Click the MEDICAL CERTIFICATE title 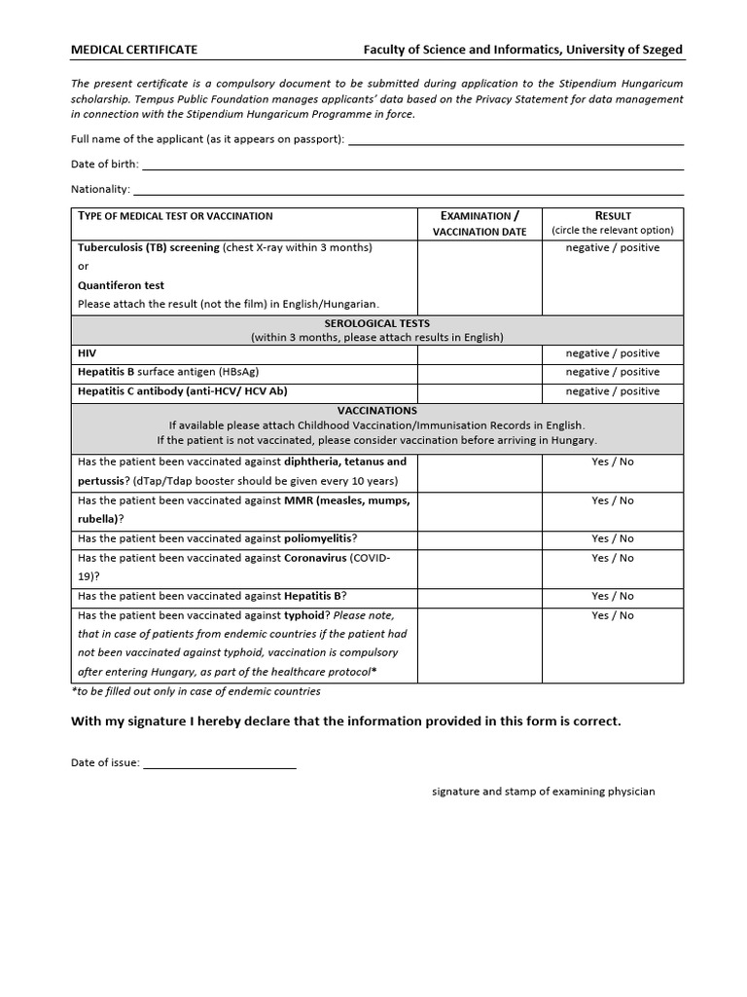(x=134, y=49)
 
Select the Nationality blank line (x=408, y=189)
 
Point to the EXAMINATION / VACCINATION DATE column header (x=480, y=223)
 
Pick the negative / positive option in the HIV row (x=613, y=353)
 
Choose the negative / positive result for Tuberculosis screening (x=613, y=247)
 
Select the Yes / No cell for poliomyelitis (x=613, y=538)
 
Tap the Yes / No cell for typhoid (x=613, y=615)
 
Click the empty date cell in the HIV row (x=480, y=353)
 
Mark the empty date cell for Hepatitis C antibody (x=480, y=391)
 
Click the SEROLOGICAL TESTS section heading (x=376, y=323)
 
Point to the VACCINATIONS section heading (x=376, y=411)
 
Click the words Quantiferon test (x=121, y=285)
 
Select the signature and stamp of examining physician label (x=544, y=792)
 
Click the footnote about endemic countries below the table (x=196, y=691)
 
